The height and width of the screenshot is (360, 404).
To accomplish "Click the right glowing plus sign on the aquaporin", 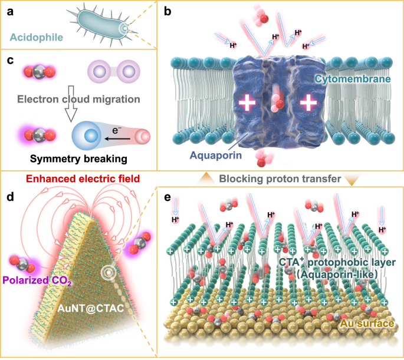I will tap(307, 104).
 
